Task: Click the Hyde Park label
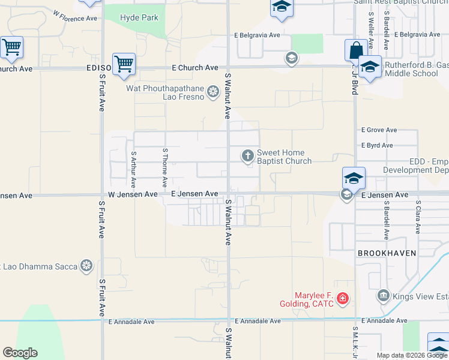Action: coord(139,17)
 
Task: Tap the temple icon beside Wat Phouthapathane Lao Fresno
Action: coord(212,92)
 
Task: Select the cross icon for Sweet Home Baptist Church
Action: coord(248,157)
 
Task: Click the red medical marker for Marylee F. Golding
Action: coord(342,298)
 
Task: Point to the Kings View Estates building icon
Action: coord(383,296)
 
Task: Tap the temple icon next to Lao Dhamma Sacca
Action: coord(87,265)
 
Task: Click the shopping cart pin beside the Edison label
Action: coord(124,64)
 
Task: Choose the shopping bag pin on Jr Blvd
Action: coord(356,50)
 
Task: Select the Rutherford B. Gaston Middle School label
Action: coord(411,69)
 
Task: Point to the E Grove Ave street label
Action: coord(379,130)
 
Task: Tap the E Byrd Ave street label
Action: coord(377,145)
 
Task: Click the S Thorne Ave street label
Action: coord(164,167)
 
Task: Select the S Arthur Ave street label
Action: coord(133,170)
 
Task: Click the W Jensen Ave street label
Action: coord(133,194)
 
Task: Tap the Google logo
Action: coord(20,353)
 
